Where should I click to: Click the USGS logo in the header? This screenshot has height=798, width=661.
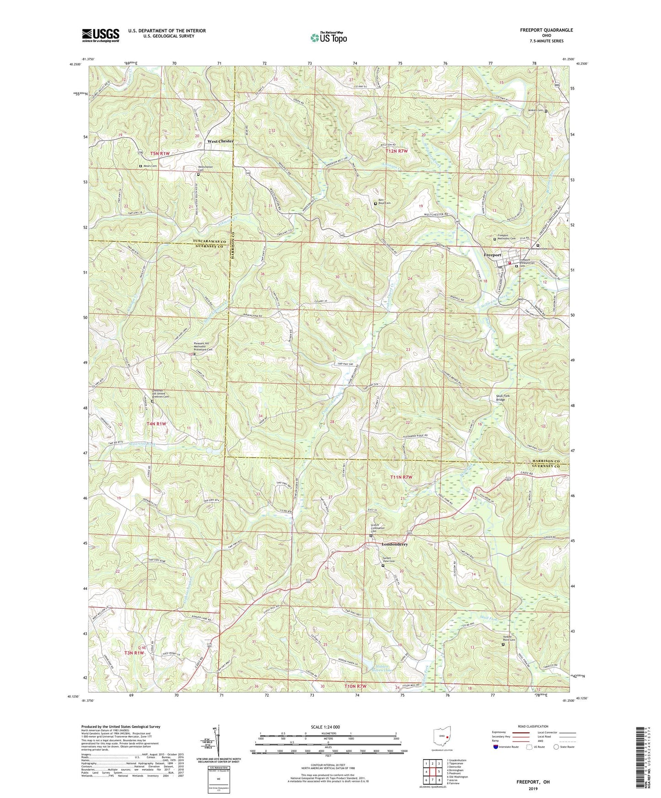[x=101, y=35]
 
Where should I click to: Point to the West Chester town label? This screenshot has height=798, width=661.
[x=220, y=141]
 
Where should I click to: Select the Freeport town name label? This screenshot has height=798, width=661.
[x=493, y=255]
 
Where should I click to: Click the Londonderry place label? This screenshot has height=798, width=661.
[x=394, y=544]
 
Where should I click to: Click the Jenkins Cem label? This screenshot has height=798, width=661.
[x=533, y=111]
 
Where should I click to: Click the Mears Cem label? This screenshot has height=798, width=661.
[x=150, y=166]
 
